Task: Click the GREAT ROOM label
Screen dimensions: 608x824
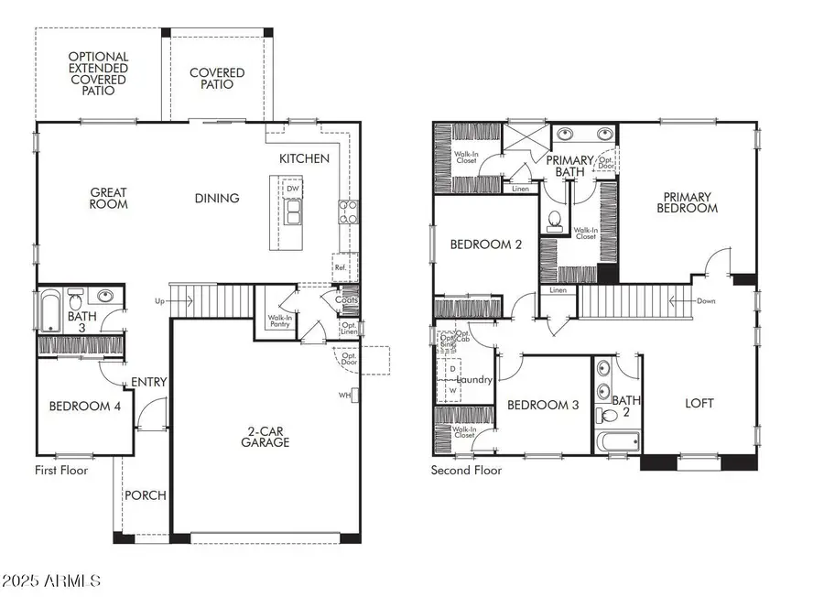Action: click(x=109, y=199)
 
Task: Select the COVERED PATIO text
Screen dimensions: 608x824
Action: click(x=217, y=79)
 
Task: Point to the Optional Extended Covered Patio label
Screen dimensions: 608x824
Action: click(x=98, y=73)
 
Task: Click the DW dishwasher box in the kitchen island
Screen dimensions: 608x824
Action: click(x=293, y=190)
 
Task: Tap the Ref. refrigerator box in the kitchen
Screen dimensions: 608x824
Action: click(x=340, y=267)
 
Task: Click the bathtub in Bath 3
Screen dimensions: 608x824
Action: click(x=49, y=310)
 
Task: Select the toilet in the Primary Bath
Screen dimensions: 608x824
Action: click(x=554, y=221)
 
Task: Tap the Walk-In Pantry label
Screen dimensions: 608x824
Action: click(x=279, y=321)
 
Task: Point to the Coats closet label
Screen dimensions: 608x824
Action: click(x=346, y=299)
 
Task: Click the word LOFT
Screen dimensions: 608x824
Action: click(x=700, y=403)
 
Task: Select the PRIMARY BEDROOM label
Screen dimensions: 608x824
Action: click(x=691, y=201)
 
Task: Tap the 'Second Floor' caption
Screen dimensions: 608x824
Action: click(x=466, y=470)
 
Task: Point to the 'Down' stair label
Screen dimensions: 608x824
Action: click(x=705, y=301)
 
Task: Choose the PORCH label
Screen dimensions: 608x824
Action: click(x=146, y=495)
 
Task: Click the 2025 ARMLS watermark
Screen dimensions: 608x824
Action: click(x=53, y=581)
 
